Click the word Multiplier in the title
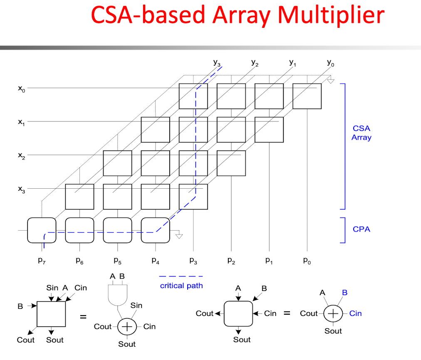pyautogui.click(x=331, y=15)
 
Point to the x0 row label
pyautogui.click(x=22, y=89)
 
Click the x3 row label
pyautogui.click(x=22, y=190)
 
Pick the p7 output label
pyautogui.click(x=42, y=261)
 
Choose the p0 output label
pyautogui.click(x=307, y=261)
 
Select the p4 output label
pyautogui.click(x=156, y=261)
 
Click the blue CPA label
pyautogui.click(x=362, y=229)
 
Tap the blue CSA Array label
pyautogui.click(x=362, y=133)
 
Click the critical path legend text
pyautogui.click(x=181, y=286)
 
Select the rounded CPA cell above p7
pyautogui.click(x=42, y=230)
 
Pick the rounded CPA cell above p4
pyautogui.click(x=156, y=230)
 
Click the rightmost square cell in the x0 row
pyautogui.click(x=307, y=96)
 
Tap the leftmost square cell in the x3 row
pyautogui.click(x=79, y=197)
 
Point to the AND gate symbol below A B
pyautogui.click(x=118, y=295)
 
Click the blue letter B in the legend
pyautogui.click(x=345, y=292)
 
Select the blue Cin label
pyautogui.click(x=356, y=313)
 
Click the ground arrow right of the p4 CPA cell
pyautogui.click(x=179, y=236)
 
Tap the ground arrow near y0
pyautogui.click(x=331, y=81)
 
